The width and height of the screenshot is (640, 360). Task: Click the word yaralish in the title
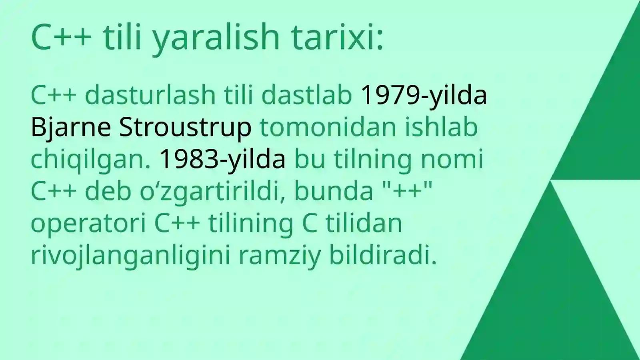pos(216,38)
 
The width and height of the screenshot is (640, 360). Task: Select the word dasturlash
pos(150,95)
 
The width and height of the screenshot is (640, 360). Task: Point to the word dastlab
pos(306,95)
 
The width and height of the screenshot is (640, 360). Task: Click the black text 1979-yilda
pos(424,95)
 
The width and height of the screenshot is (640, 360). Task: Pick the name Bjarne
pos(70,127)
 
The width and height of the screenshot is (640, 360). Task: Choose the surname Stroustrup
pos(185,127)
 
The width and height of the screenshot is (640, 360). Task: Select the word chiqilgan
pos(90,159)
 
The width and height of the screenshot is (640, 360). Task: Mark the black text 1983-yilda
pos(222,159)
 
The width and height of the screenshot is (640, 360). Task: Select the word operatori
pos(88,223)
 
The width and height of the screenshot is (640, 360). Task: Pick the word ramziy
pos(280,255)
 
